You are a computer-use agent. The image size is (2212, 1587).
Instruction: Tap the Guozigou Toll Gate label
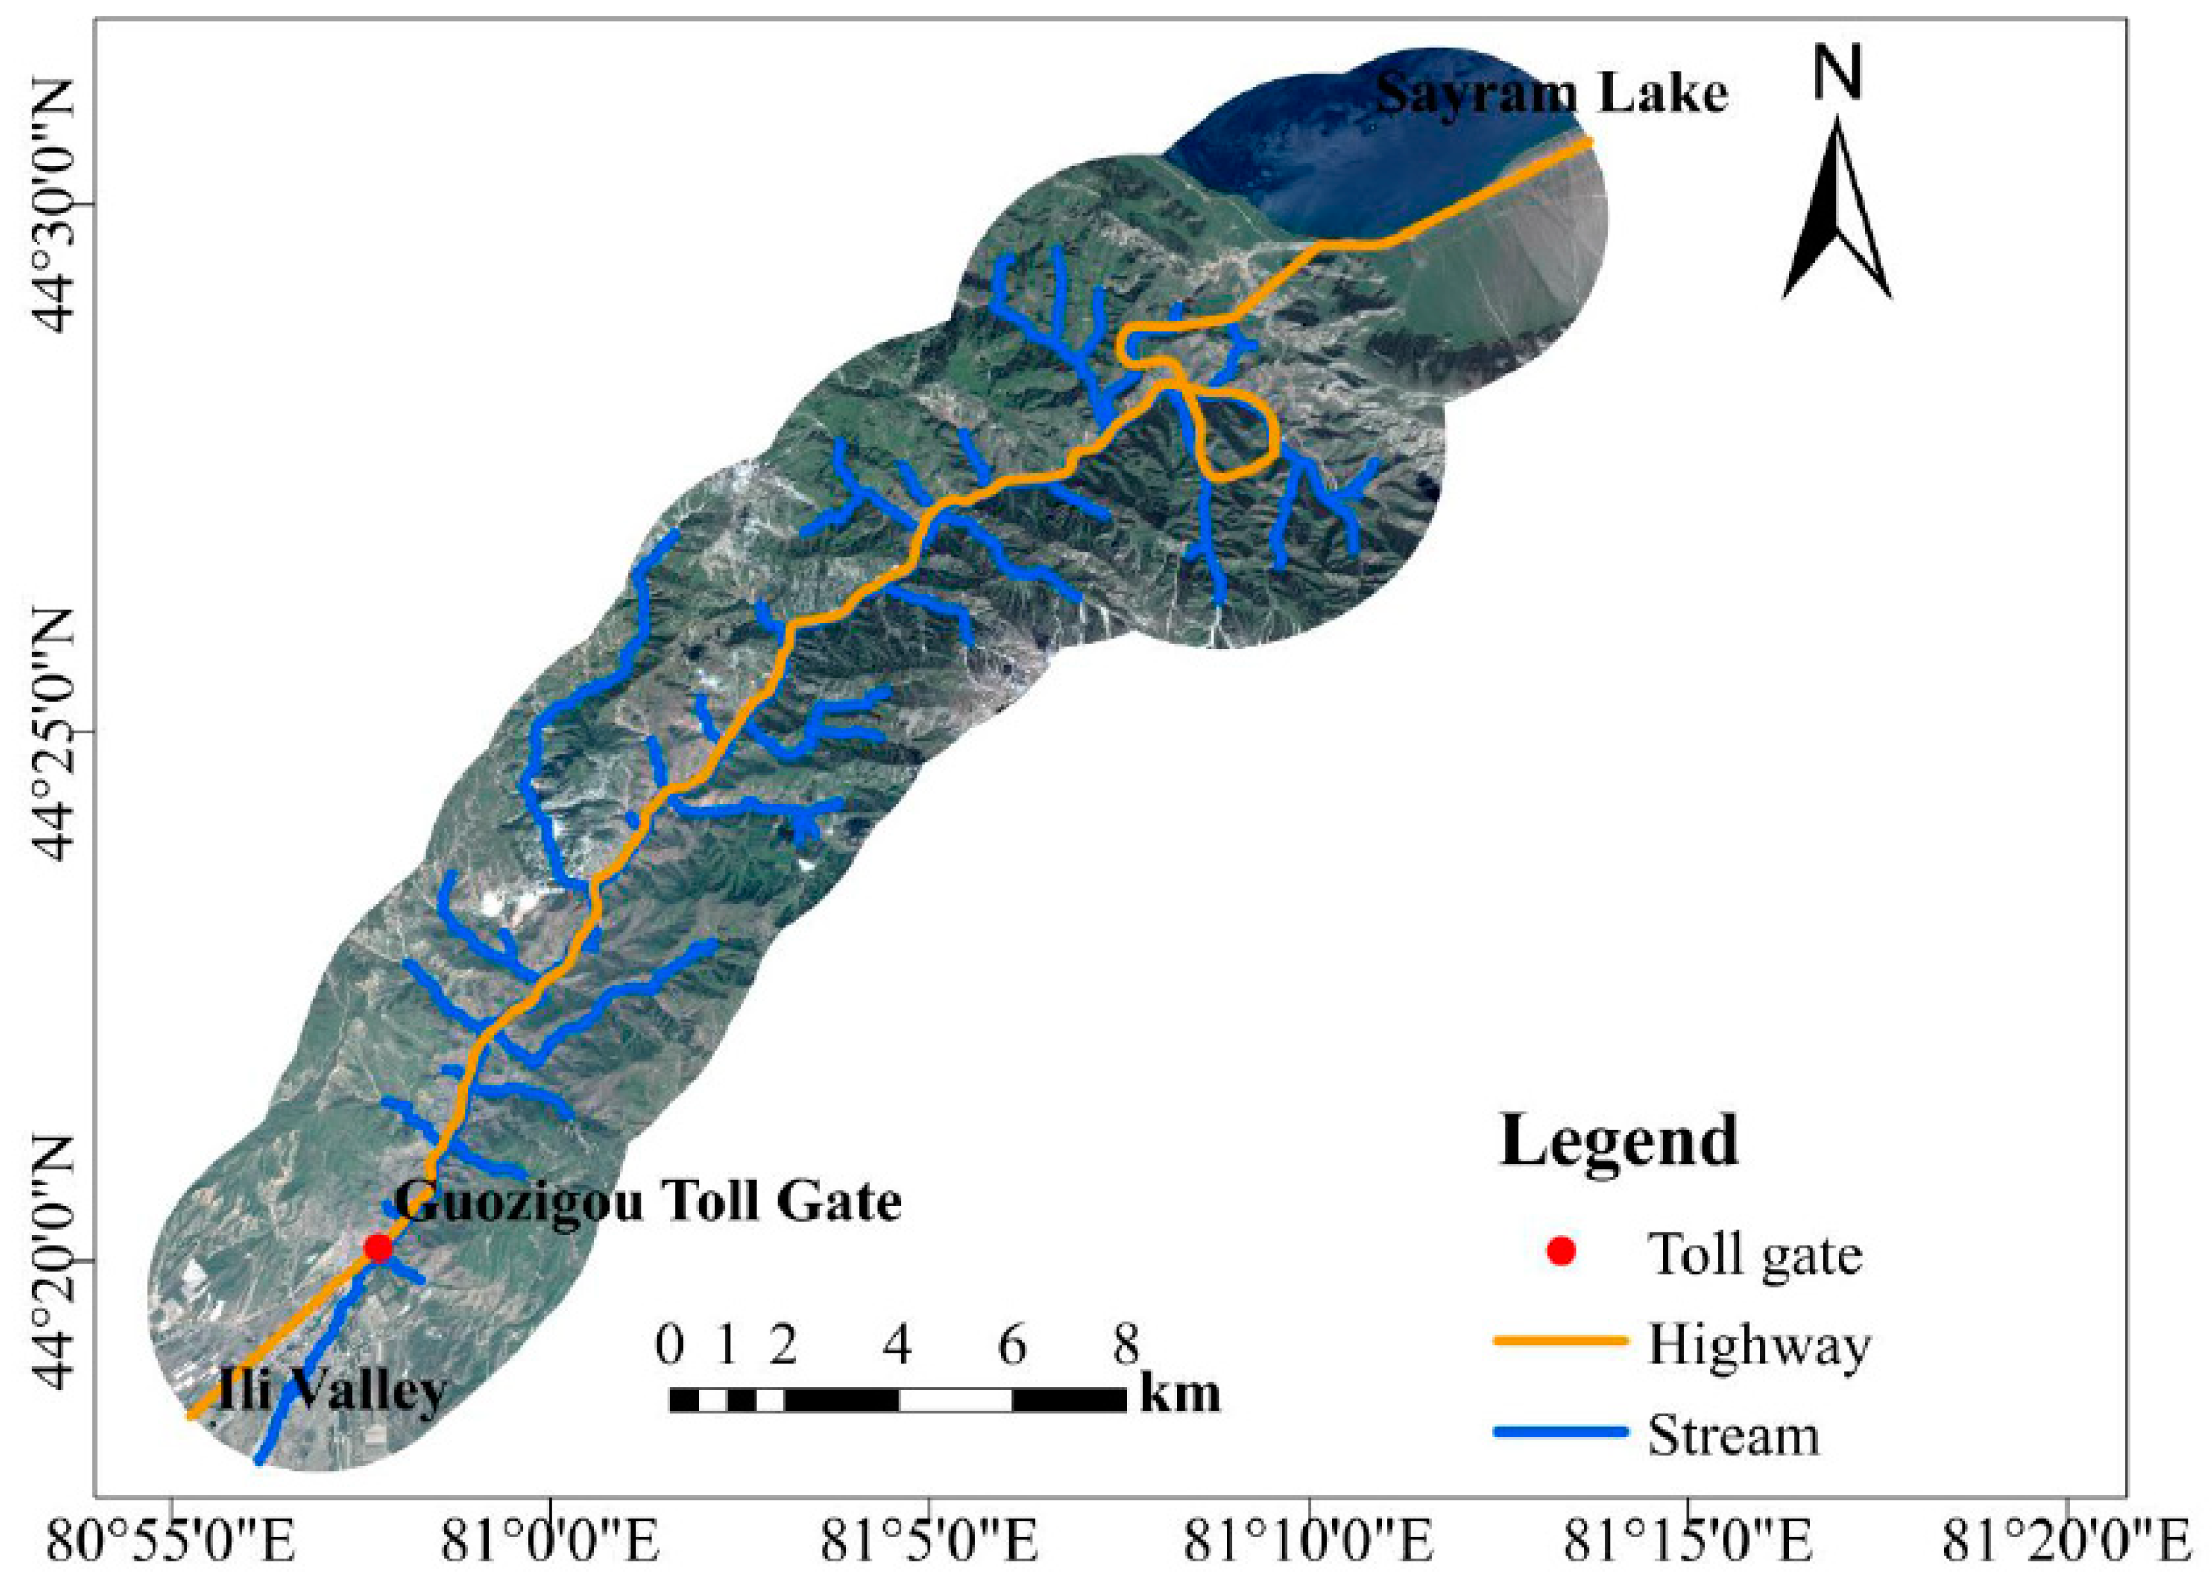point(648,1202)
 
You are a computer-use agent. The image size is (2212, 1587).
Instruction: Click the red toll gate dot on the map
point(378,1248)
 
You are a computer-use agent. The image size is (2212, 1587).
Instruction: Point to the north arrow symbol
point(1836,210)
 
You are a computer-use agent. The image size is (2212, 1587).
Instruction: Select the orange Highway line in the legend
point(1560,1342)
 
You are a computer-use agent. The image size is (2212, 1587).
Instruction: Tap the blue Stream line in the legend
point(1560,1433)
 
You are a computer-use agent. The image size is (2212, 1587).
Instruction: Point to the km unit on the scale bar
point(1180,1395)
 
